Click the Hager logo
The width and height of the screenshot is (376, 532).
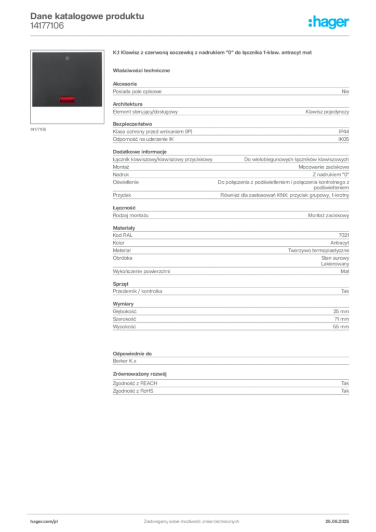328,22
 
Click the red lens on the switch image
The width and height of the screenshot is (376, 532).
67,99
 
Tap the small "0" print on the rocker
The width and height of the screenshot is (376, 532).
67,58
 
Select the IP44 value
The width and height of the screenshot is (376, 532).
343,131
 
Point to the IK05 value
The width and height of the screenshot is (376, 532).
343,139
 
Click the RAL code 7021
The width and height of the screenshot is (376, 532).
344,235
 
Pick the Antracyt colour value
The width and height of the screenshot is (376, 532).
339,243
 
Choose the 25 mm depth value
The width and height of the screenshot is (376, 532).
341,312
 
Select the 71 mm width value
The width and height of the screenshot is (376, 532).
341,319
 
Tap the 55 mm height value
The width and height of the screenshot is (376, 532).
341,327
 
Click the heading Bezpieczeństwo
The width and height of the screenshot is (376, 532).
132,124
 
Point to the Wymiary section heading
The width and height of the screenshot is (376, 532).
123,303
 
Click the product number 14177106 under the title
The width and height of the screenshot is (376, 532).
47,26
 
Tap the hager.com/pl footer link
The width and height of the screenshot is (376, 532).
44,522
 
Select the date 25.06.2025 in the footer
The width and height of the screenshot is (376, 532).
337,522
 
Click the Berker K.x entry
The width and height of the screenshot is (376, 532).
125,361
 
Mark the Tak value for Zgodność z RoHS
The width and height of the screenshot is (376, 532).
345,391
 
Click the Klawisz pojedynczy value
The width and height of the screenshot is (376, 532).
327,112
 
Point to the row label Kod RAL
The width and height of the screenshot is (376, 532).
123,235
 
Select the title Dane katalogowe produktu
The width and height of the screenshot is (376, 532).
87,16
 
